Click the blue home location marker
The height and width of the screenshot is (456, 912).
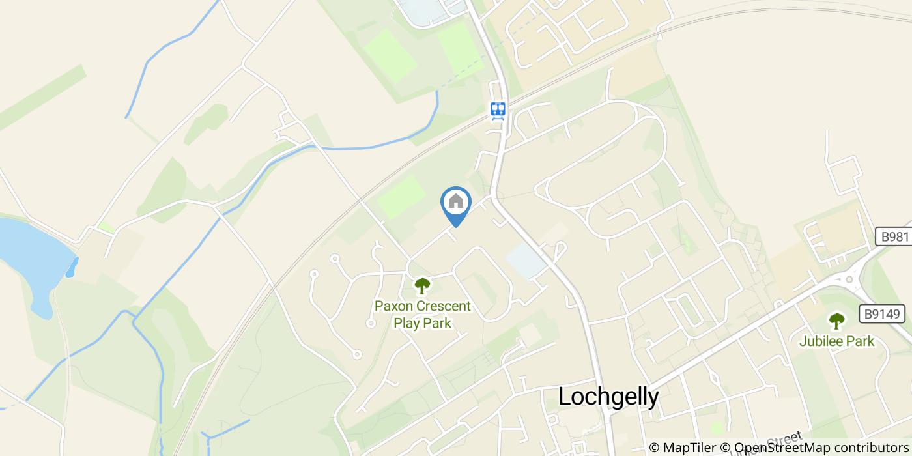coord(456,206)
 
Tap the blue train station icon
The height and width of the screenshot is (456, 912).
coord(498,110)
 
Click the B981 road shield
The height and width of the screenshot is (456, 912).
coord(892,236)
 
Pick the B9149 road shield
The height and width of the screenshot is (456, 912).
coord(883,314)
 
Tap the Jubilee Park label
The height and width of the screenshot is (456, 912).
coord(836,341)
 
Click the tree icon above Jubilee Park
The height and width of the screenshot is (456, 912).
coord(836,321)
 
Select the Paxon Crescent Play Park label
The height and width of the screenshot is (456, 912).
coord(422,314)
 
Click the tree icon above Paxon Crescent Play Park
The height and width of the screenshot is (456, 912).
coord(422,285)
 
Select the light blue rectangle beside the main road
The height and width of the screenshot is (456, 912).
coord(526,261)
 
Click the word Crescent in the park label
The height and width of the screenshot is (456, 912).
coord(442,306)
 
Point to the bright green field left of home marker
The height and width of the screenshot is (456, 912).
coord(401,197)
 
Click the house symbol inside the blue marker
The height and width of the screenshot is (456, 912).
coord(456,201)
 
